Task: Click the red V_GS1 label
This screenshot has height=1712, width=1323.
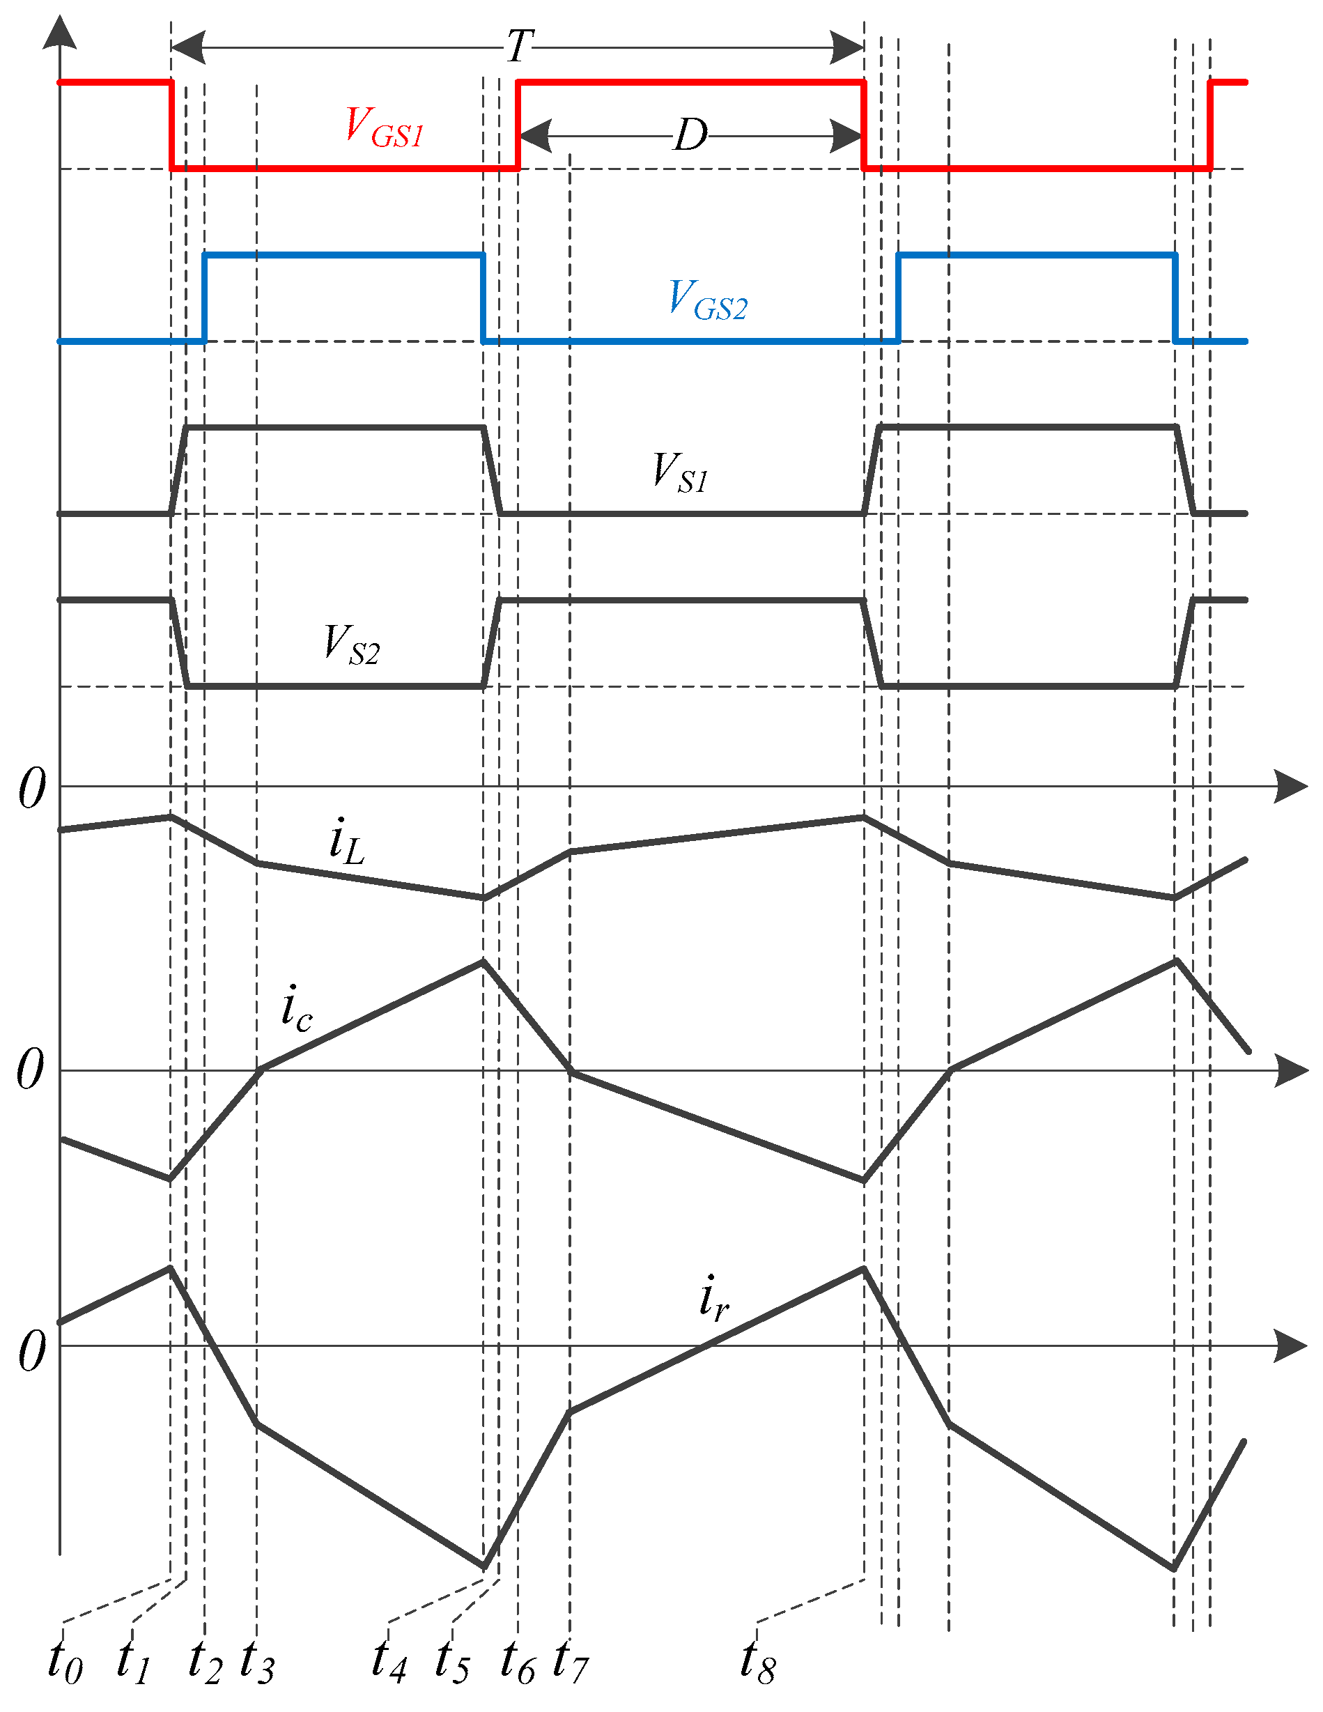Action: (x=385, y=128)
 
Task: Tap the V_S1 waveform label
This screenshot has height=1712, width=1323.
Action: (x=680, y=472)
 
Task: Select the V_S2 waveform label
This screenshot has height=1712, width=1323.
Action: (x=352, y=645)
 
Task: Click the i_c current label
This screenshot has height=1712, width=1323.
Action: (x=297, y=1009)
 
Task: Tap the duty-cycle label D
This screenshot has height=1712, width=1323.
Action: (x=690, y=136)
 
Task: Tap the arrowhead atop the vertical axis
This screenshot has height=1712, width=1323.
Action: (x=60, y=33)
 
